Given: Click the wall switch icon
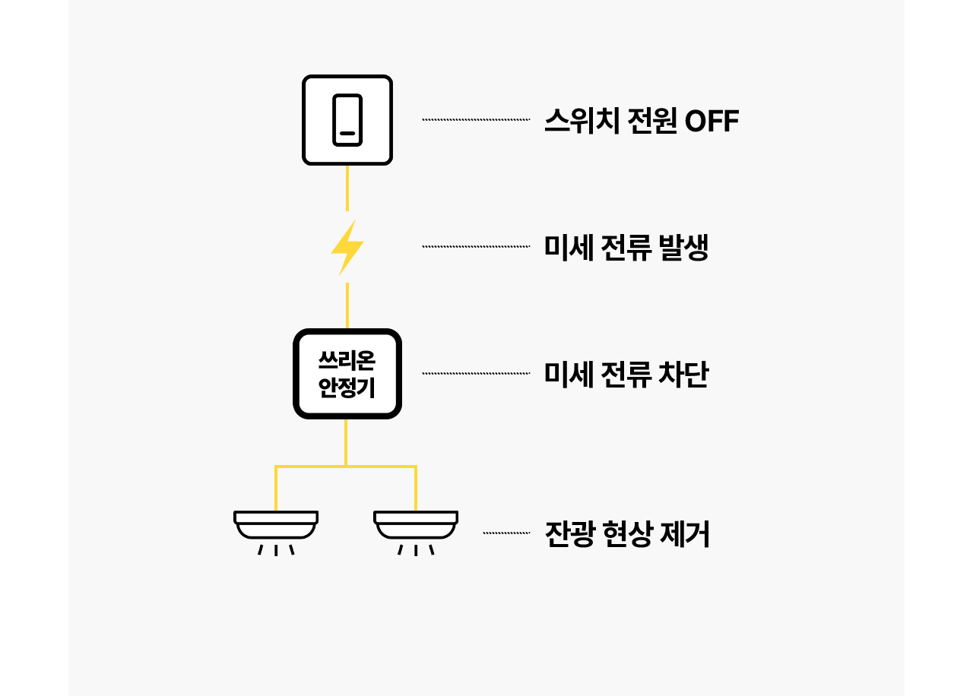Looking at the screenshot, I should click(x=347, y=120).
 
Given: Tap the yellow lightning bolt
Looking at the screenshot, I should click(x=347, y=247).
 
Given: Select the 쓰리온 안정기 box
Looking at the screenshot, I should click(x=347, y=373).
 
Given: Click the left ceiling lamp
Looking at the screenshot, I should click(x=275, y=525).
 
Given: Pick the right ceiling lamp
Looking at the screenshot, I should click(x=415, y=525).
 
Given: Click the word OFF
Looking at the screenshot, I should click(x=712, y=122).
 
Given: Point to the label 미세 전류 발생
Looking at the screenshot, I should click(x=626, y=248).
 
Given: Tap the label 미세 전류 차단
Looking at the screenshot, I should click(x=626, y=375).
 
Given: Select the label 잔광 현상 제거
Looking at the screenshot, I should click(x=628, y=535).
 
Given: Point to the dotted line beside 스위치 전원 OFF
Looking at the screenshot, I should click(x=476, y=120).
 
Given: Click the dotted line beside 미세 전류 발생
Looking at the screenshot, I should click(x=476, y=247).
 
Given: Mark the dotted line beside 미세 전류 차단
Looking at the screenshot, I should click(x=476, y=373).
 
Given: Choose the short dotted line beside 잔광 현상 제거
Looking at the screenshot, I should click(x=506, y=533).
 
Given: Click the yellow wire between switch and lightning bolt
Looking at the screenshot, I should click(x=347, y=188).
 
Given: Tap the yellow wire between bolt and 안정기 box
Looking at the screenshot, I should click(x=347, y=305).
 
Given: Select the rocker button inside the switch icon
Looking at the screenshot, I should click(x=347, y=120).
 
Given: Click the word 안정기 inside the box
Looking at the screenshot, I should click(x=347, y=389).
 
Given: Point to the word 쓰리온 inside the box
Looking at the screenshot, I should click(x=347, y=359).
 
